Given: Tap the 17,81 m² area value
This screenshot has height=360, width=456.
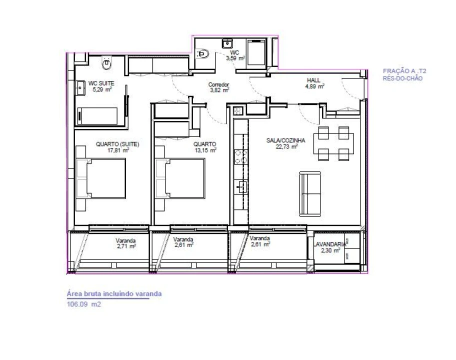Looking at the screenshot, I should coord(117,149).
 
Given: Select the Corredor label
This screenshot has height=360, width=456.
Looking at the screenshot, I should coord(218,85).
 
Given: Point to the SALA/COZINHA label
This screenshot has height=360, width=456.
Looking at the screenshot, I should coord(282,141).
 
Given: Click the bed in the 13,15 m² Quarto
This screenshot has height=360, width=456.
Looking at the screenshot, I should coord(179,179).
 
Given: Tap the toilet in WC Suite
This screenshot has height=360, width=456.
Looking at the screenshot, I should coord(106,63).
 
